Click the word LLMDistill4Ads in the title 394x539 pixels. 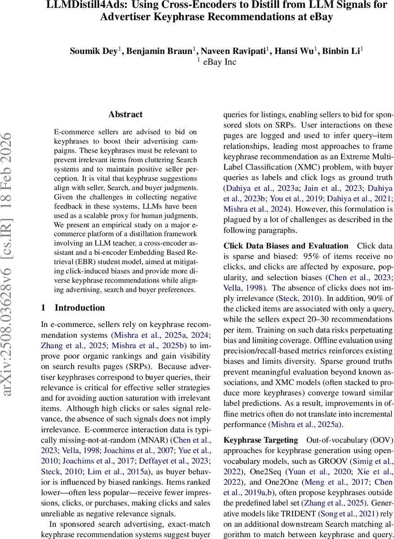click(80, 5)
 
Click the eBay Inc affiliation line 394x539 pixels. click(219, 62)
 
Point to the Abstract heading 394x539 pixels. click(125, 115)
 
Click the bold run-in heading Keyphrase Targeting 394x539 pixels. click(260, 439)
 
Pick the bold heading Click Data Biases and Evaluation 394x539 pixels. click(286, 246)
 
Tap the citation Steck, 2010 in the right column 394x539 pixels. click(304, 299)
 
